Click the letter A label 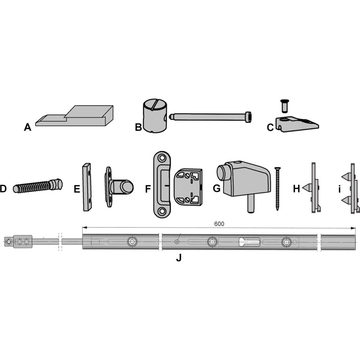point(28,127)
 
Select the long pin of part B point(210,116)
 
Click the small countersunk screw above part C point(284,106)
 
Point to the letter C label point(270,127)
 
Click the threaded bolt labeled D point(37,186)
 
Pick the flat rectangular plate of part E point(87,187)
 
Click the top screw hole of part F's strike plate point(162,158)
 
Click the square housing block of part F point(188,187)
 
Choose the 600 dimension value point(219,224)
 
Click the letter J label point(179,258)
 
